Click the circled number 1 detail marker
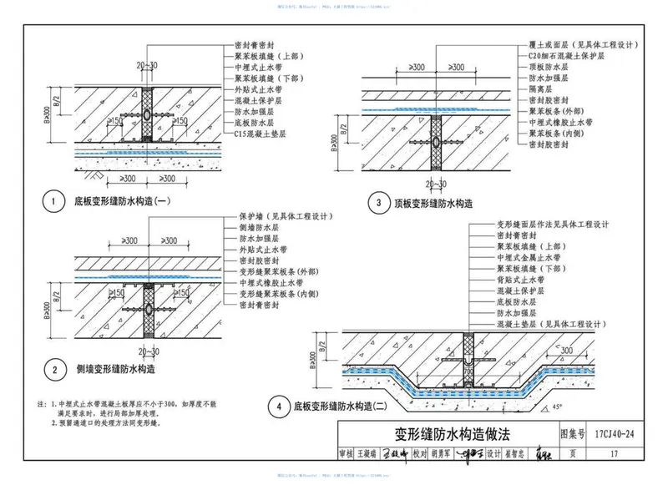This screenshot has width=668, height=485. pos(53,203)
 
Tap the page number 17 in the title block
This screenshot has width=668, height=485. pos(614,454)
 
